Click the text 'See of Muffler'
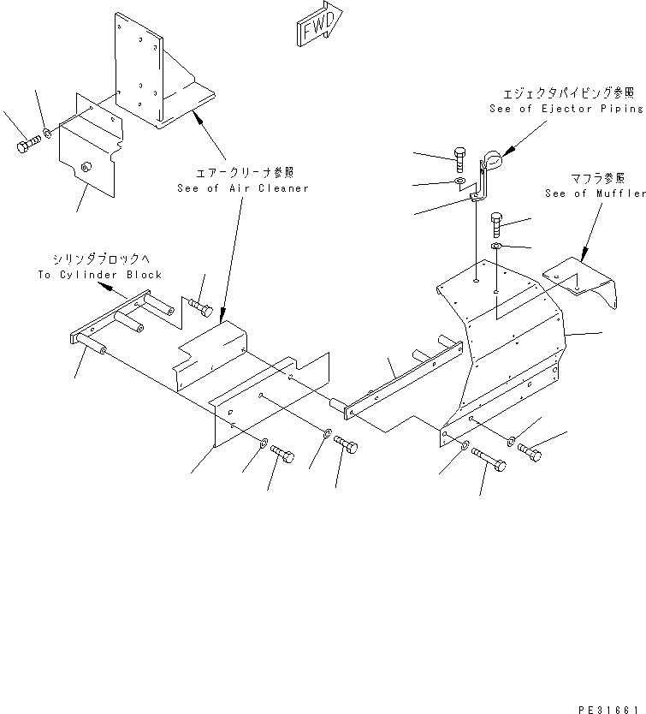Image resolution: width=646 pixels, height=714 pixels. (596, 193)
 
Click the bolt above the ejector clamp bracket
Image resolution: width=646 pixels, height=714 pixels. (459, 158)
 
